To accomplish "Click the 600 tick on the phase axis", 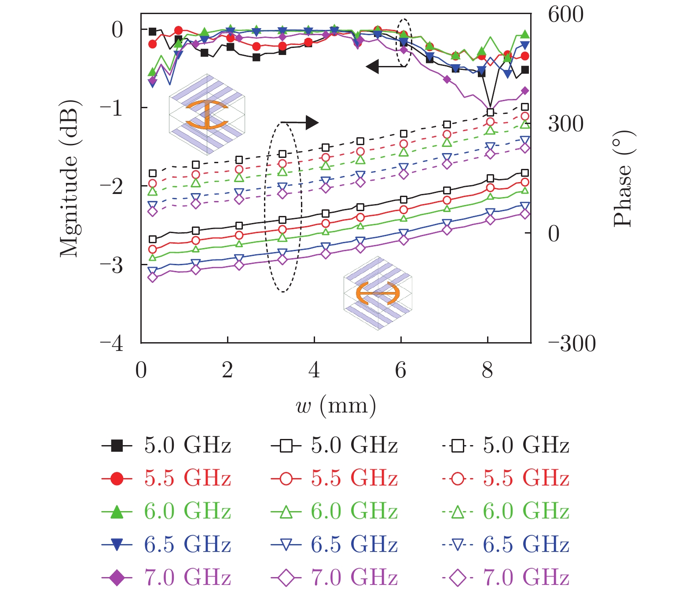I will pos(565,15).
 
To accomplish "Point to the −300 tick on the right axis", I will pos(572,344).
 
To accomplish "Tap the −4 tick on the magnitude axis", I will pos(112,344).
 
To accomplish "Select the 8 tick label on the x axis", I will pos(487,370).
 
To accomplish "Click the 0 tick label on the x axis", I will pos(141,370).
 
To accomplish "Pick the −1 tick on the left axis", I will pos(112,108).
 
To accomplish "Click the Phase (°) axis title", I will pos(624,179).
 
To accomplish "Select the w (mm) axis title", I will pos(336,405).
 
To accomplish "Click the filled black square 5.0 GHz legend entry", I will pos(166,446).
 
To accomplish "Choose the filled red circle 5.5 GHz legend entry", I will pos(166,479).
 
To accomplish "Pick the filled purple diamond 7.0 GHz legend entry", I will pos(166,577).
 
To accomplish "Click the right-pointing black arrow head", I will pos(312,122).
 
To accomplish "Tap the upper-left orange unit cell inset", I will pos(206,114).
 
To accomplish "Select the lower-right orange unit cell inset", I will pos(378,293).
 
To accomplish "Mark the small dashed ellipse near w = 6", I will pos(403,43).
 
